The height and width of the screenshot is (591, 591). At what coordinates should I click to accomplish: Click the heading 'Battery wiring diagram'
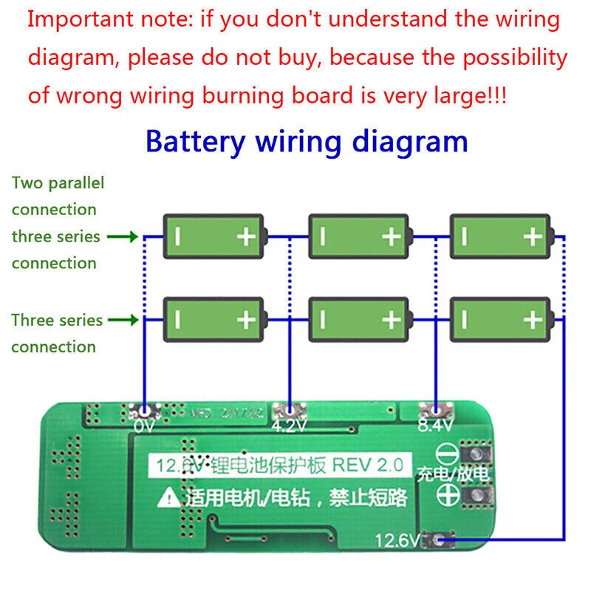pos(307,140)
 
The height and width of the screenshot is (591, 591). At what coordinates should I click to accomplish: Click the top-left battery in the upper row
pos(213,236)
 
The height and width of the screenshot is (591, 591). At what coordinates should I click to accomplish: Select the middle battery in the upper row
pos(358,236)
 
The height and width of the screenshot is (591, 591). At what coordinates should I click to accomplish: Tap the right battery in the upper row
pos(500,236)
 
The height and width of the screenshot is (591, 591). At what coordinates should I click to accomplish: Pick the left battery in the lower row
pos(213,319)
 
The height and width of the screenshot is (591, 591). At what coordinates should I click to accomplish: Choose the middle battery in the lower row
pos(358,319)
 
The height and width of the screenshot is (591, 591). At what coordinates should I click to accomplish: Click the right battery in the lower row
pos(500,319)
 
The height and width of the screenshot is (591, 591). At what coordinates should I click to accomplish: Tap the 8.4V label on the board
pos(434,426)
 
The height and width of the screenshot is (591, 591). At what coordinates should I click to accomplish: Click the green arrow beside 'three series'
pos(123,237)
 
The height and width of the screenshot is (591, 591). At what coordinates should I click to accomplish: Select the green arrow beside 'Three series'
pos(123,321)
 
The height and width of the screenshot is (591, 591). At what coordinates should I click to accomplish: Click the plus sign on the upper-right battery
pos(532,236)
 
